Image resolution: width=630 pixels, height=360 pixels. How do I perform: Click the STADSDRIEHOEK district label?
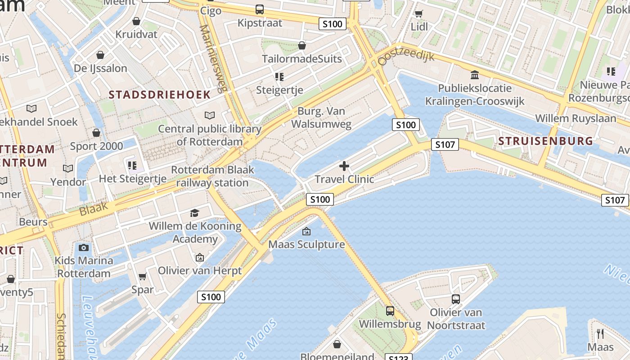tap(160, 94)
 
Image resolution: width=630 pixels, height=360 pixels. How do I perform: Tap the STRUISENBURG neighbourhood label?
tap(545, 141)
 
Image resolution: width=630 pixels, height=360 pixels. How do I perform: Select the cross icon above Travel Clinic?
tap(344, 166)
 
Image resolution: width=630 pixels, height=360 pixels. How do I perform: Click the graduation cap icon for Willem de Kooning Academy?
tap(194, 213)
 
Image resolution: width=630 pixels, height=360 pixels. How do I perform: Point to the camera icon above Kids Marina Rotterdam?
tap(83, 247)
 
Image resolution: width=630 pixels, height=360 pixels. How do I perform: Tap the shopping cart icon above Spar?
tap(143, 276)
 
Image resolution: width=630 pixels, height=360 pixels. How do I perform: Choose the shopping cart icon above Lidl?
tap(419, 13)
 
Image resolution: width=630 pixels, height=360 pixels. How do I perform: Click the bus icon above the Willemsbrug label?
tap(390, 310)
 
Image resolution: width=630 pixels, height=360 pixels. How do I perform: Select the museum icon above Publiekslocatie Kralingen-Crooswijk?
tap(475, 75)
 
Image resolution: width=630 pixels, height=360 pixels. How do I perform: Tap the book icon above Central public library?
tap(209, 115)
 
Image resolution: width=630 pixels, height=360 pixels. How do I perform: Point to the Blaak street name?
tap(94, 208)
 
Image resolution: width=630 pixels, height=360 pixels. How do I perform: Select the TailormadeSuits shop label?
tap(302, 59)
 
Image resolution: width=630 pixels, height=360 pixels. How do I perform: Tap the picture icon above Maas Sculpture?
tap(306, 231)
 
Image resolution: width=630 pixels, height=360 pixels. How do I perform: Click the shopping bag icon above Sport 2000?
tap(96, 133)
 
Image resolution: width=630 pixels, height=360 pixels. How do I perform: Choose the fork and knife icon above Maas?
tap(600, 333)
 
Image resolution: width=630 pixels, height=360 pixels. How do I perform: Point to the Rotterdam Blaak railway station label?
tap(212, 176)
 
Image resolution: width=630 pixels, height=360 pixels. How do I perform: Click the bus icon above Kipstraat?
tap(260, 9)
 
